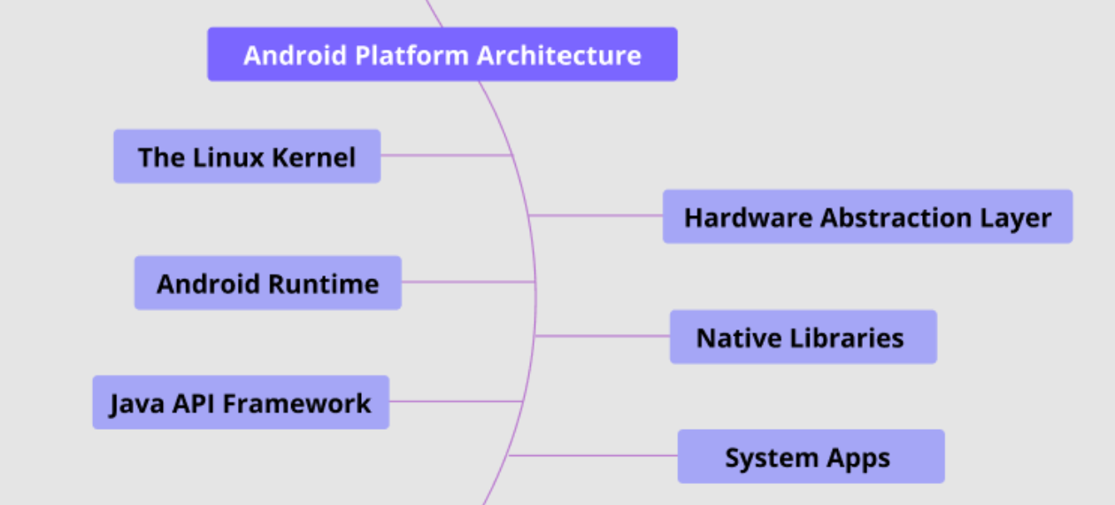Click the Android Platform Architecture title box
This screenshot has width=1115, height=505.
coord(442,54)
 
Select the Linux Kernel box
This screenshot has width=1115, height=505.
coord(247,157)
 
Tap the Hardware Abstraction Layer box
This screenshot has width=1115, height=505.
coord(867,216)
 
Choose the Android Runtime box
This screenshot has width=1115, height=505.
coord(268,284)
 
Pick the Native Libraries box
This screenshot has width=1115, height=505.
coord(804,337)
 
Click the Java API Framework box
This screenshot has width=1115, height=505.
coord(241,402)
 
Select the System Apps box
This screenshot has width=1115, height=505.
coord(811,456)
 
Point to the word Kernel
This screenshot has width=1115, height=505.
coord(313,158)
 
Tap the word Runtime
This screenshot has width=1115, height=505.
coord(324,284)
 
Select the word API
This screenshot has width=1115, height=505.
coord(193,404)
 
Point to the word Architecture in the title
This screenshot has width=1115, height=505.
coord(559,55)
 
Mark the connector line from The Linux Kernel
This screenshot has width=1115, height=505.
coord(447,156)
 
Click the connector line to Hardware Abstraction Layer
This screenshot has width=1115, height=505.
coord(596,216)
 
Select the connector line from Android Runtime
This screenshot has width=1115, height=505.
coord(468,282)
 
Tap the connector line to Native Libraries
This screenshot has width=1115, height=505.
coord(603,336)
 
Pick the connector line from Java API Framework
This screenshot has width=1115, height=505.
coord(456,401)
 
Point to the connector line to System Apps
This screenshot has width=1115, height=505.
coord(593,455)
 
